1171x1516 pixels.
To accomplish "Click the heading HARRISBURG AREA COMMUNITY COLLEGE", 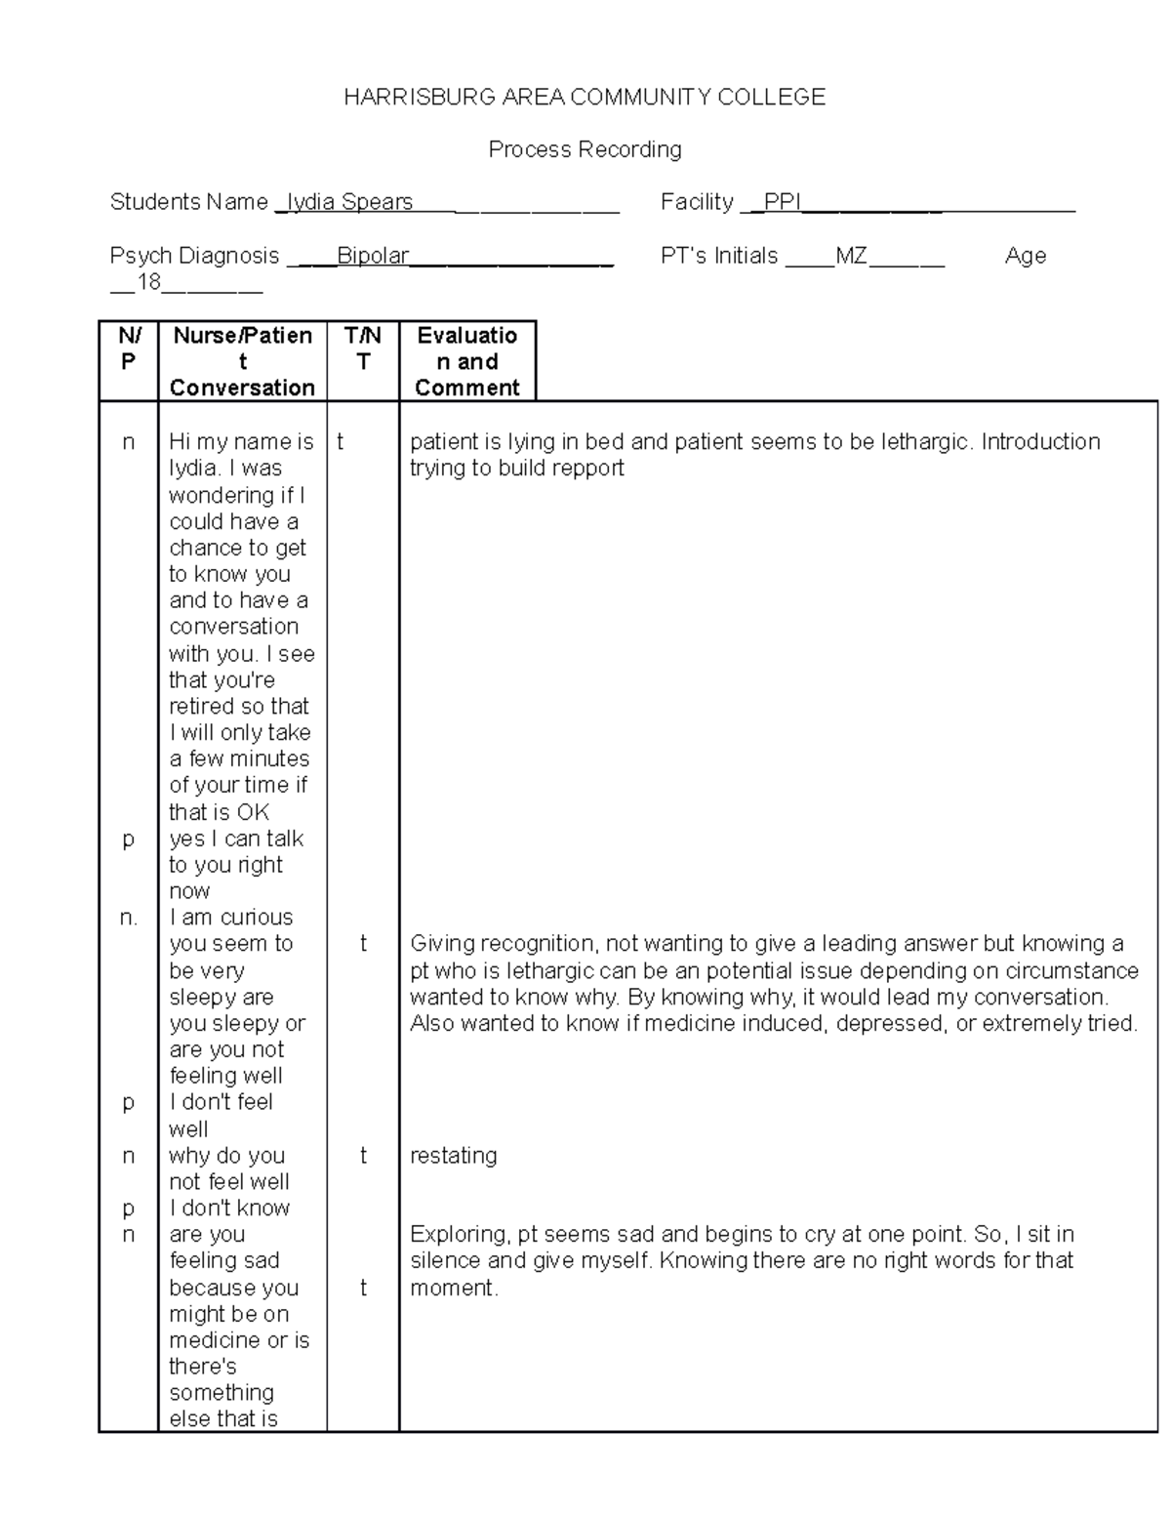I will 585,97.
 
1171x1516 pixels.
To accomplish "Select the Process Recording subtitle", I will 585,149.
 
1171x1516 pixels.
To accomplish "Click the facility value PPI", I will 782,202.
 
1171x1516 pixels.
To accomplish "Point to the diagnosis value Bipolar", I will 373,256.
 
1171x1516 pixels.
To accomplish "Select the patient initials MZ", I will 851,256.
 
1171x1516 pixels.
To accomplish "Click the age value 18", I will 148,283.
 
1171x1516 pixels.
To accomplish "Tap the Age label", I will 1025,256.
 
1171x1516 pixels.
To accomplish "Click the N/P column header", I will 129,348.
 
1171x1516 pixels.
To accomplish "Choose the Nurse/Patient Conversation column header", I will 242,361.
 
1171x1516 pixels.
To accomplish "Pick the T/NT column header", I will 363,348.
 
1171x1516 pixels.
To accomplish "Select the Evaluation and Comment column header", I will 467,361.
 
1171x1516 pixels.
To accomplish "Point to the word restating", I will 454,1156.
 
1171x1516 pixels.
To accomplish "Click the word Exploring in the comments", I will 455,1235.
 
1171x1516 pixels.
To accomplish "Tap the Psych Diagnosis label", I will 194,256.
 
